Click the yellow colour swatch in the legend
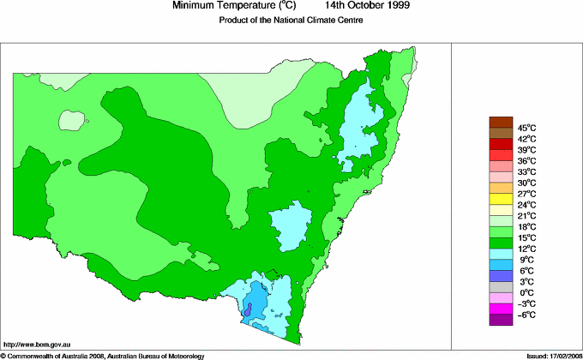pos(500,199)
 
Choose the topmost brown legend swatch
pos(500,122)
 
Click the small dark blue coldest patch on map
pos(248,313)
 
